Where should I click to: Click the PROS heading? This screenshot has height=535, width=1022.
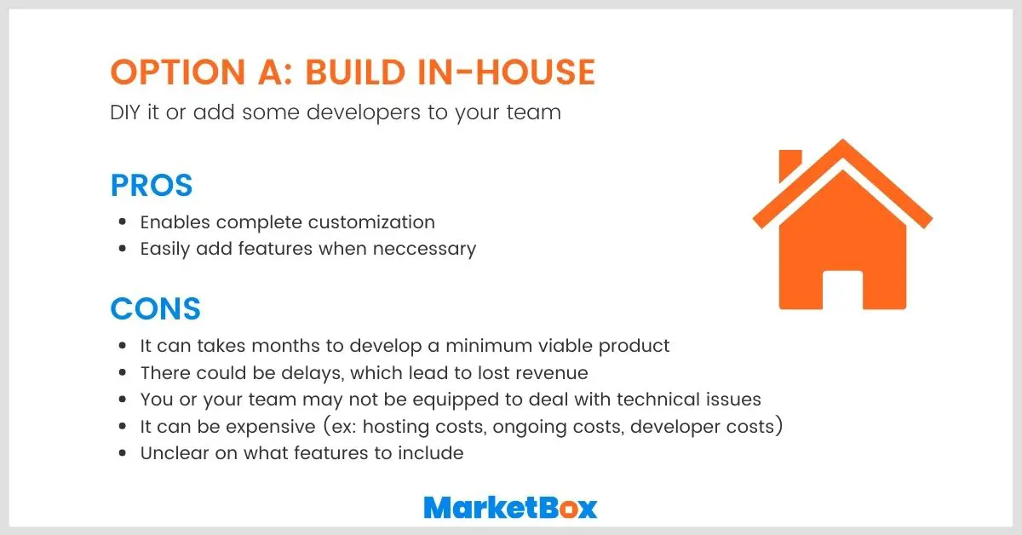[152, 185]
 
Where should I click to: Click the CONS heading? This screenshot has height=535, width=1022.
[156, 308]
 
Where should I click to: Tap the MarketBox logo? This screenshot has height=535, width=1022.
[510, 508]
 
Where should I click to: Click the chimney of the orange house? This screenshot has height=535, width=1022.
[790, 164]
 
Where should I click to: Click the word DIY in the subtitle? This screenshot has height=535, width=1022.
[126, 112]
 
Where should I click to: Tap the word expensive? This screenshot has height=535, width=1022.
[250, 426]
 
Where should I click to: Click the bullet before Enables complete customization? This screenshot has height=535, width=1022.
[123, 223]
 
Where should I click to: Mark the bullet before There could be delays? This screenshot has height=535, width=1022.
[123, 373]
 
